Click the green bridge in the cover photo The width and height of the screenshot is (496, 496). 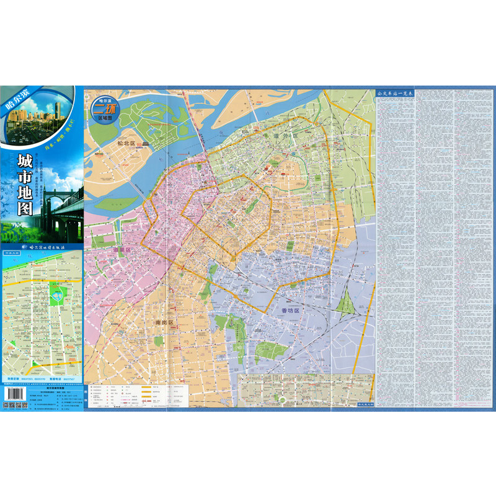[x=62, y=205]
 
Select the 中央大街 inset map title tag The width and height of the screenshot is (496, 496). [x=12, y=253]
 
